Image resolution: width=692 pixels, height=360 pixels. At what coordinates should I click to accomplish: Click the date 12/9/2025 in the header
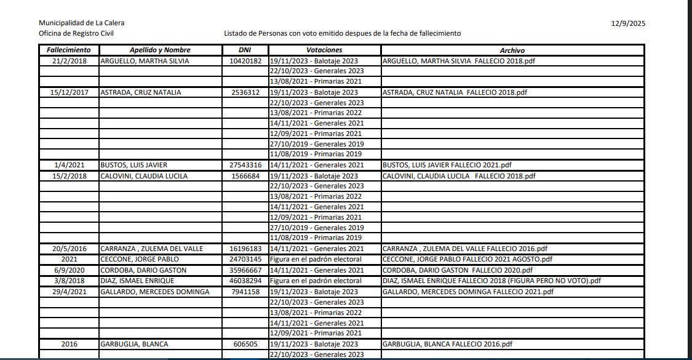click(x=628, y=23)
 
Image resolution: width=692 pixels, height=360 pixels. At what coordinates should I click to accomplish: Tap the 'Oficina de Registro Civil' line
click(x=76, y=34)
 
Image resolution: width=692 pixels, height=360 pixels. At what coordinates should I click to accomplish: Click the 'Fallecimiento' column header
click(x=69, y=50)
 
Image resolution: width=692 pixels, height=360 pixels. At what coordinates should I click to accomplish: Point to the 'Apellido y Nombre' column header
click(x=160, y=50)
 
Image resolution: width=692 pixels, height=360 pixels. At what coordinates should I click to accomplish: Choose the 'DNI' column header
click(x=244, y=50)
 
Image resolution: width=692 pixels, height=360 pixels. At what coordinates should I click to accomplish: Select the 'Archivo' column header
click(x=512, y=50)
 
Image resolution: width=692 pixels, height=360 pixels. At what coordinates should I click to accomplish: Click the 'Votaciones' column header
click(x=324, y=50)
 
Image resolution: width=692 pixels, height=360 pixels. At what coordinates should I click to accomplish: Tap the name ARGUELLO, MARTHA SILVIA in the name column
click(x=145, y=61)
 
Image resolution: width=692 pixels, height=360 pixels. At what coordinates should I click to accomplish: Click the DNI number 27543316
click(x=245, y=165)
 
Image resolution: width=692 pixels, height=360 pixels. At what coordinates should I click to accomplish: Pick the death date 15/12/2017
click(x=69, y=92)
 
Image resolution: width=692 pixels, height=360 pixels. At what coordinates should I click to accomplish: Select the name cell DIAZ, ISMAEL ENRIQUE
click(x=137, y=281)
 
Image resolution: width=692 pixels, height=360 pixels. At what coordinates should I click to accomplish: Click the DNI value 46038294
click(x=245, y=281)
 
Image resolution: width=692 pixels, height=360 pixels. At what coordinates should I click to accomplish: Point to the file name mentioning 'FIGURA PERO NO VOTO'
click(x=491, y=281)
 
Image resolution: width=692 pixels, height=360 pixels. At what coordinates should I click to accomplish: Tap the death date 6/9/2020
click(x=69, y=270)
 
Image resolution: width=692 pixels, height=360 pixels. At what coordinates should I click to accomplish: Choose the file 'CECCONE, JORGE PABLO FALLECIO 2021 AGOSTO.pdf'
click(x=467, y=259)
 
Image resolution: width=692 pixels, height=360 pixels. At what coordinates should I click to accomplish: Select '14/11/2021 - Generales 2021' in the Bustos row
click(x=317, y=165)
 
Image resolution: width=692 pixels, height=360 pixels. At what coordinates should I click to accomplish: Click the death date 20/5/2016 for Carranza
click(x=69, y=249)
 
